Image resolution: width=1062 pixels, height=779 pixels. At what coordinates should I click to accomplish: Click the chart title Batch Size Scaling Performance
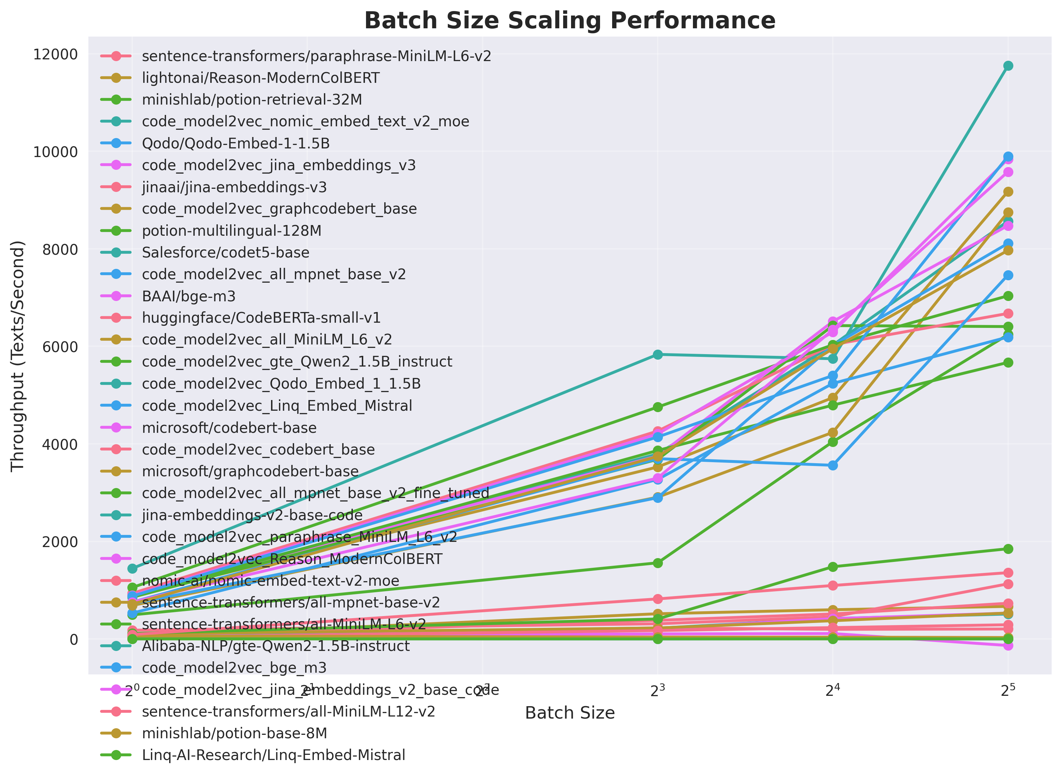[x=569, y=21]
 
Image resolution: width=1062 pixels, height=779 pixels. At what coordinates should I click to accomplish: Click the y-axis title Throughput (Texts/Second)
[x=18, y=356]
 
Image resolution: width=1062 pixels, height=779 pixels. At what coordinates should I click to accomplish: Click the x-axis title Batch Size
[x=569, y=712]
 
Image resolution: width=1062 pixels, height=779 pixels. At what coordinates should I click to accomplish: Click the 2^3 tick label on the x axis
[x=657, y=691]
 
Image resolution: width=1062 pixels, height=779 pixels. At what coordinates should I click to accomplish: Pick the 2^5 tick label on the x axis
[x=1008, y=691]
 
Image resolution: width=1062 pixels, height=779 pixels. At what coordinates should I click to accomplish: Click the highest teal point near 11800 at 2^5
[x=1008, y=66]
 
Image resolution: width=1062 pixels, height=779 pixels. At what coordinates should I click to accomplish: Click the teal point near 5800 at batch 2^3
[x=657, y=354]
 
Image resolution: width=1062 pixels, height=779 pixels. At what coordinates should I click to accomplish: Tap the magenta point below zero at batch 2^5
[x=1008, y=645]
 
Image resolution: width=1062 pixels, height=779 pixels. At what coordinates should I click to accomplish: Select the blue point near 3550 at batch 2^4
[x=833, y=465]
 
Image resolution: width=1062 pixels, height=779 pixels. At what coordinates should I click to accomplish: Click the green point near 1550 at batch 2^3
[x=657, y=563]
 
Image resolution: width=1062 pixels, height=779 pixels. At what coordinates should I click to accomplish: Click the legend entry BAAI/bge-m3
[x=189, y=296]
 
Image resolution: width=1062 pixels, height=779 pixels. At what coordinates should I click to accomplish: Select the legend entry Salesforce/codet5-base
[x=225, y=253]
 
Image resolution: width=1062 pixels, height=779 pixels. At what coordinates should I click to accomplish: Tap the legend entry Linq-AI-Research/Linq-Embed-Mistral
[x=273, y=755]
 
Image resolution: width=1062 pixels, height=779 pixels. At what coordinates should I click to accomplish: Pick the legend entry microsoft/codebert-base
[x=229, y=428]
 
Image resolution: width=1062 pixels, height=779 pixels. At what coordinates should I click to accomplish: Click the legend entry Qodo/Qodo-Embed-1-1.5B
[x=236, y=143]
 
